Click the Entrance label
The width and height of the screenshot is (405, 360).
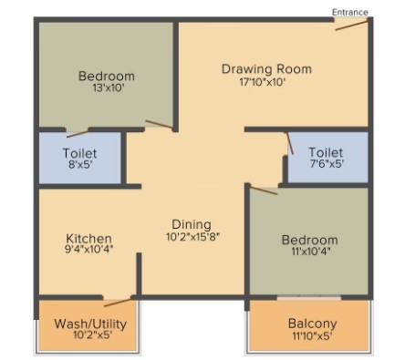[x=350, y=13]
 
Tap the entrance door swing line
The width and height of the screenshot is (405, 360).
[x=352, y=26]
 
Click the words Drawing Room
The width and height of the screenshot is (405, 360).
[x=266, y=69]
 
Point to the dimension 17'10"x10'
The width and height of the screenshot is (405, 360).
[x=262, y=82]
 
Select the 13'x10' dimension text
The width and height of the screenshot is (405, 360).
[x=109, y=88]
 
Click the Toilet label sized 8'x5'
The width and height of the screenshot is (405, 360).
[x=79, y=153]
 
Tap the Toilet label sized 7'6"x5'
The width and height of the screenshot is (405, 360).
[x=326, y=152]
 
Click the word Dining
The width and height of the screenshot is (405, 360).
[x=192, y=224]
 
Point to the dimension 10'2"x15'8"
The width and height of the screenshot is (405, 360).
[x=192, y=237]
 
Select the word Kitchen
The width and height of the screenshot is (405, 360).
[x=89, y=238]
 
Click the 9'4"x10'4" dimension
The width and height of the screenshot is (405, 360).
[x=88, y=250]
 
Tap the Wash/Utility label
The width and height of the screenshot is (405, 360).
[x=90, y=324]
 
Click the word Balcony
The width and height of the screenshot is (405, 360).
[x=313, y=324]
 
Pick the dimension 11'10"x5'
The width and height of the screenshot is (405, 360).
[x=312, y=336]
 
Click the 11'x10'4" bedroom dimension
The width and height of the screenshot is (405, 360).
[x=311, y=252]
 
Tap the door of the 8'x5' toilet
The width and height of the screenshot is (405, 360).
[x=78, y=134]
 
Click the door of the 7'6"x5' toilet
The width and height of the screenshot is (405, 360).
[x=289, y=143]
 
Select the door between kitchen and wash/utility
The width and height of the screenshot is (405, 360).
[x=118, y=303]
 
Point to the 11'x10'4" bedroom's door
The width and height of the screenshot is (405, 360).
[x=264, y=190]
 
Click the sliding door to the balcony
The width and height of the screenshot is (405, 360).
[x=309, y=298]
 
